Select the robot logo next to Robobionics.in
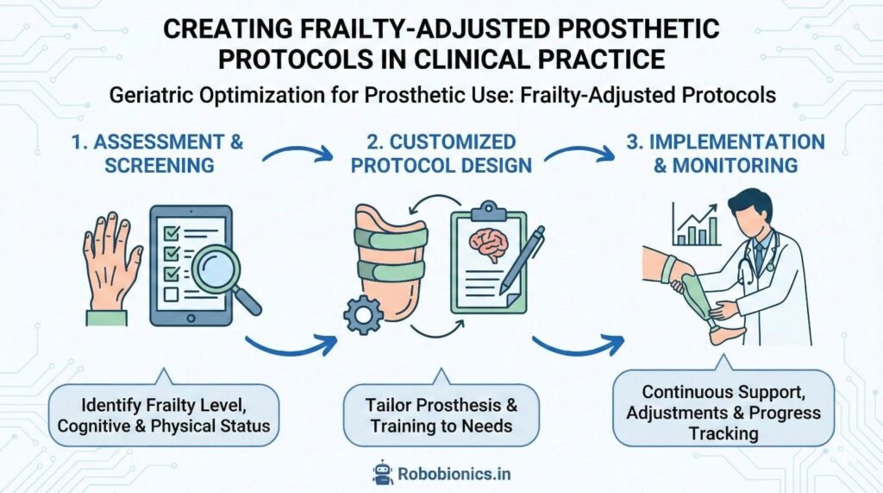tap(383, 471)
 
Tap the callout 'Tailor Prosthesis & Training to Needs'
tap(441, 415)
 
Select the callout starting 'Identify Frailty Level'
tap(165, 415)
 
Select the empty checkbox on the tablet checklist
tap(170, 296)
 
